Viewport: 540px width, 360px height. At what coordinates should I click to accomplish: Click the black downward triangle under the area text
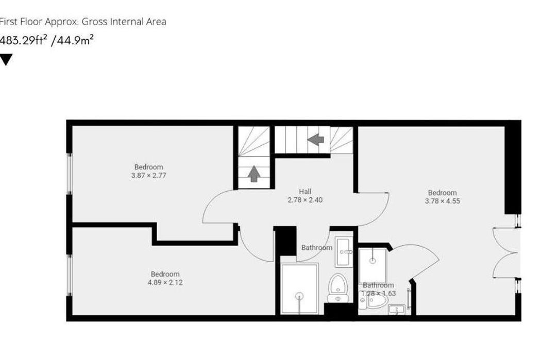tap(6, 60)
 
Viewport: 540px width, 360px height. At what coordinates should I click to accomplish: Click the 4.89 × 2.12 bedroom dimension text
tap(165, 282)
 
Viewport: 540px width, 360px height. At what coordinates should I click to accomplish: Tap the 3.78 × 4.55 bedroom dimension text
tap(442, 201)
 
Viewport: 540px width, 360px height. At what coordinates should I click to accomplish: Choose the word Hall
tap(305, 192)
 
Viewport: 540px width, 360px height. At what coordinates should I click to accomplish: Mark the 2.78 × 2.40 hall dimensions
tap(305, 200)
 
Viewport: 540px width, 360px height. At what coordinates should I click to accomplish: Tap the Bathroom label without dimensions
tap(316, 248)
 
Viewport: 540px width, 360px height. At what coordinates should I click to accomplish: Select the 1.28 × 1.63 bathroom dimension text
tap(378, 294)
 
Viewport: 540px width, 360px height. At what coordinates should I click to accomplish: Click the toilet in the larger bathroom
tap(338, 287)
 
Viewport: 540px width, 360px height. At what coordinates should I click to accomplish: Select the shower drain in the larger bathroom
tap(299, 296)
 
